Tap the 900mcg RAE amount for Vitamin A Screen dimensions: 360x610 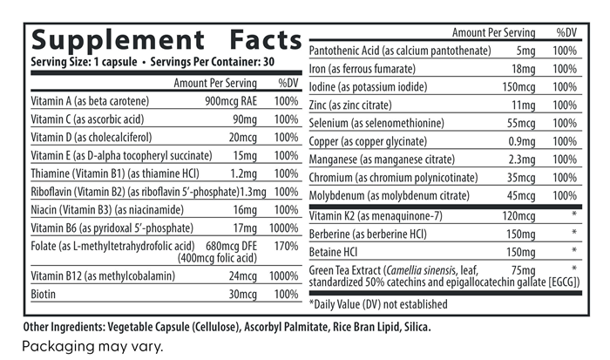[x=228, y=101]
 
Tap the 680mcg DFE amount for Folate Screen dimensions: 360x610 [x=227, y=247]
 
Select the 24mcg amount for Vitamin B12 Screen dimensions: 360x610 [x=242, y=276]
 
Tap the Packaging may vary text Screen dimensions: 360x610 [x=91, y=345]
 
